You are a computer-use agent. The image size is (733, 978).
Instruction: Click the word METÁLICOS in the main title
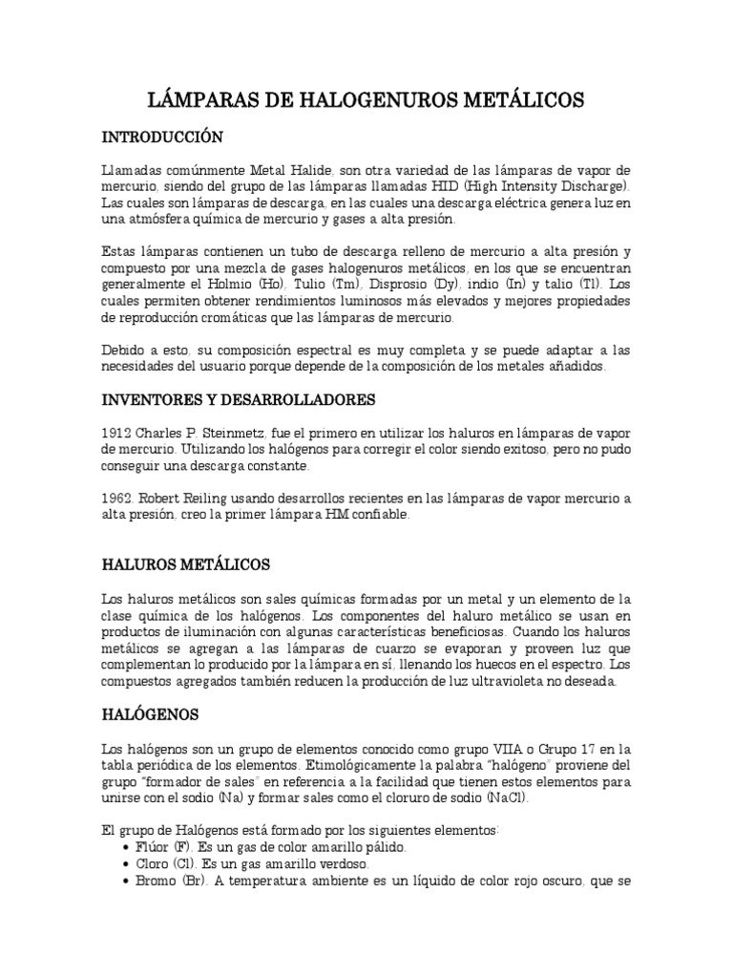coord(510,99)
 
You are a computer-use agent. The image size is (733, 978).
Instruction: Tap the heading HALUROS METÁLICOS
coord(186,564)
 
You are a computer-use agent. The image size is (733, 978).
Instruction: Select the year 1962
coord(116,498)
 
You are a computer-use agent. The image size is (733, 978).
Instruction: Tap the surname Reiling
coord(219,498)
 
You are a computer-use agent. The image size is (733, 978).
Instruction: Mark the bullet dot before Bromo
coord(129,881)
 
